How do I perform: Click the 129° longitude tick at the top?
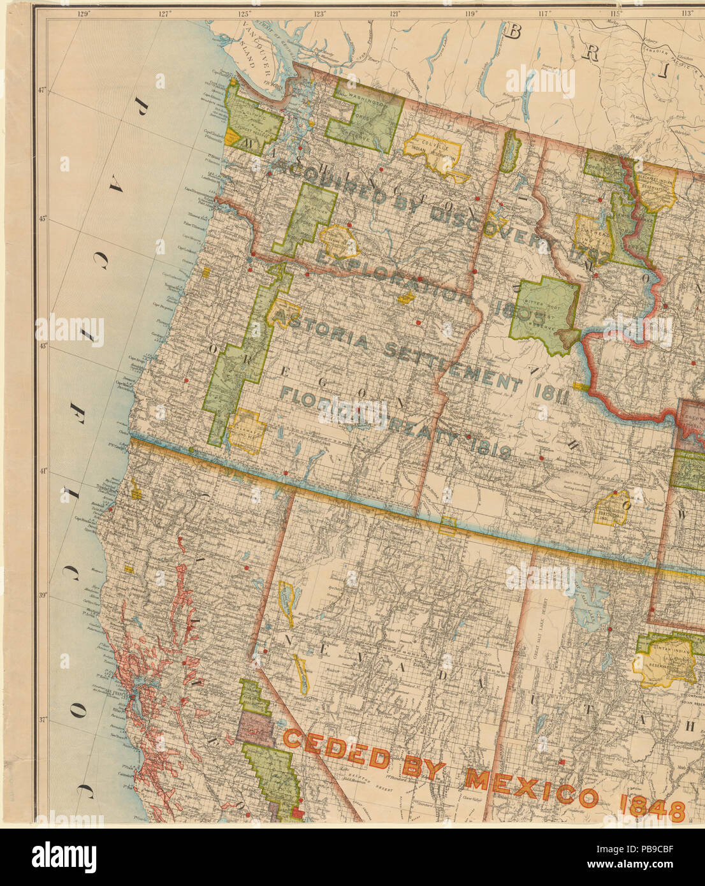(x=82, y=13)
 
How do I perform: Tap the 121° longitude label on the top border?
(x=396, y=13)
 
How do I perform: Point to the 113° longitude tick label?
(x=687, y=13)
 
